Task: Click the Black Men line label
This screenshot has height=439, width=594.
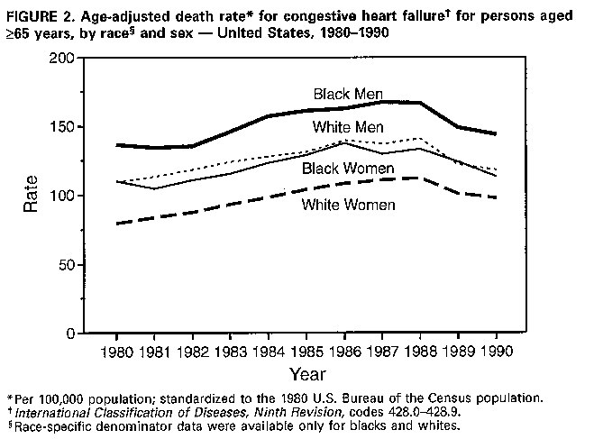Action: (349, 94)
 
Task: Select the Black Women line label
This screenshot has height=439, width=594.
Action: (347, 168)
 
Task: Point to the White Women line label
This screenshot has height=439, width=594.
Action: (347, 205)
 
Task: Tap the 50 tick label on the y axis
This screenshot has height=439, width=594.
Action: (69, 265)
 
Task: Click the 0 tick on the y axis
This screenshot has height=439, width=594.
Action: (74, 334)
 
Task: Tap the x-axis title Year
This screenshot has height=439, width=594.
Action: (306, 372)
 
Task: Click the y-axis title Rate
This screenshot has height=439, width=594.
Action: (31, 196)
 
